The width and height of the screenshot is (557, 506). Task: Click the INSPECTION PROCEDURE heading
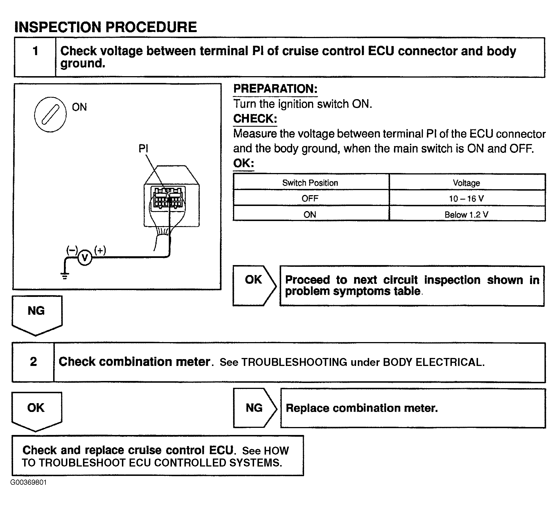105,27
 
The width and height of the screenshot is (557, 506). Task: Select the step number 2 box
33,362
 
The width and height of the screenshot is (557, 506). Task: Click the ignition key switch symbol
50,114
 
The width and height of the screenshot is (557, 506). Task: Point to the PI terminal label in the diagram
143,149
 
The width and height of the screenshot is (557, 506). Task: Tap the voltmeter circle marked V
85,258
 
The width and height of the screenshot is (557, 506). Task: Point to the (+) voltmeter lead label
100,250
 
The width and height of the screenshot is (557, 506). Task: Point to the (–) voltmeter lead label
72,250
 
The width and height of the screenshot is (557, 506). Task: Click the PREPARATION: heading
275,89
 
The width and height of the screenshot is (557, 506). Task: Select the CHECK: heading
255,119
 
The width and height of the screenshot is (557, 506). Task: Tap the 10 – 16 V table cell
467,198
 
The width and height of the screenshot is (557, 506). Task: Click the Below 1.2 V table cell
467,214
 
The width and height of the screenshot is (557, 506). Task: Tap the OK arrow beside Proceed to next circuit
254,286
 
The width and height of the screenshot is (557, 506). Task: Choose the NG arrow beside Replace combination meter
255,408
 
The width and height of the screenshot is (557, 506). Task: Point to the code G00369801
28,482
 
